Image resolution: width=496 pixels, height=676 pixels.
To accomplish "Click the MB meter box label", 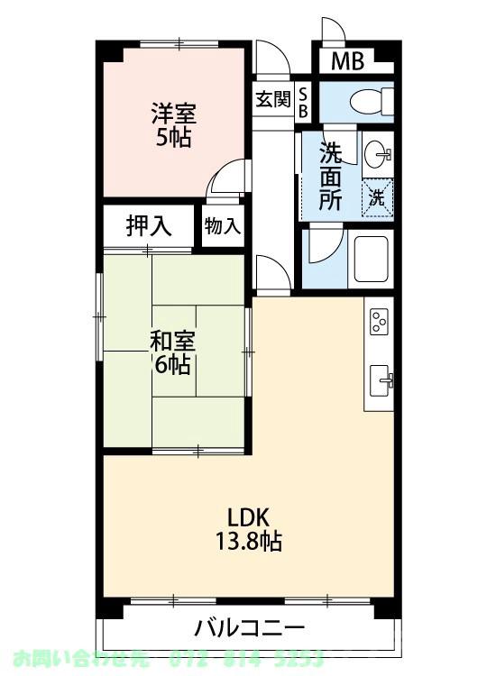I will click(x=345, y=62).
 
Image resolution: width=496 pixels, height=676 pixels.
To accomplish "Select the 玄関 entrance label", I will click(x=272, y=100).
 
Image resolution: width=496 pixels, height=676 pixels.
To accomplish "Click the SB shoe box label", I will click(x=303, y=101).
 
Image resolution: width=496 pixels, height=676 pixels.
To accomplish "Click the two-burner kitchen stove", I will click(x=379, y=321).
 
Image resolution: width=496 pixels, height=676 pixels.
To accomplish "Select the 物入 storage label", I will click(x=222, y=227).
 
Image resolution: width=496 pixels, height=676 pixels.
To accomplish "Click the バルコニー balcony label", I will click(x=250, y=627).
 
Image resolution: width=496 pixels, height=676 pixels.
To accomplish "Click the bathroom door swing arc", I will click(x=325, y=243).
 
